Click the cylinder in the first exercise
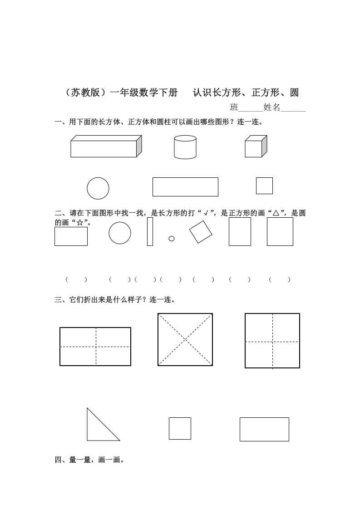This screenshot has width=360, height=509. [x=185, y=147]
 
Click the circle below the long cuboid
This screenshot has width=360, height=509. [x=98, y=188]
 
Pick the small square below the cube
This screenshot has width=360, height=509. [x=264, y=186]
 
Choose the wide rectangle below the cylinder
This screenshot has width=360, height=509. [x=185, y=187]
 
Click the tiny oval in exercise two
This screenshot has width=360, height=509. [x=172, y=239]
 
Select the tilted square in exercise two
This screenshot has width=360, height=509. [x=201, y=232]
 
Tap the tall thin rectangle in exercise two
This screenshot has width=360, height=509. [x=150, y=231]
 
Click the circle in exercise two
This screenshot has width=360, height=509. [x=120, y=233]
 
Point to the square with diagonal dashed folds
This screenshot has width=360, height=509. [x=185, y=339]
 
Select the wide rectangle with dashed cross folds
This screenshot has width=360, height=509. [x=95, y=347]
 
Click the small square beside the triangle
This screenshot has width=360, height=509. [x=180, y=428]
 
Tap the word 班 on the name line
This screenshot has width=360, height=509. [x=234, y=108]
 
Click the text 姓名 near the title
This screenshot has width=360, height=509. [x=272, y=108]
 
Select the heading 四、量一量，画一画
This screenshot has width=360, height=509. [x=89, y=460]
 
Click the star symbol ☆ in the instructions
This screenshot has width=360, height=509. [x=80, y=222]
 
